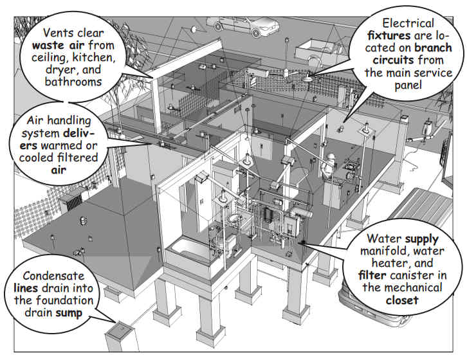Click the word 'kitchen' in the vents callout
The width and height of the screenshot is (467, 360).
pyautogui.click(x=94, y=58)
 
